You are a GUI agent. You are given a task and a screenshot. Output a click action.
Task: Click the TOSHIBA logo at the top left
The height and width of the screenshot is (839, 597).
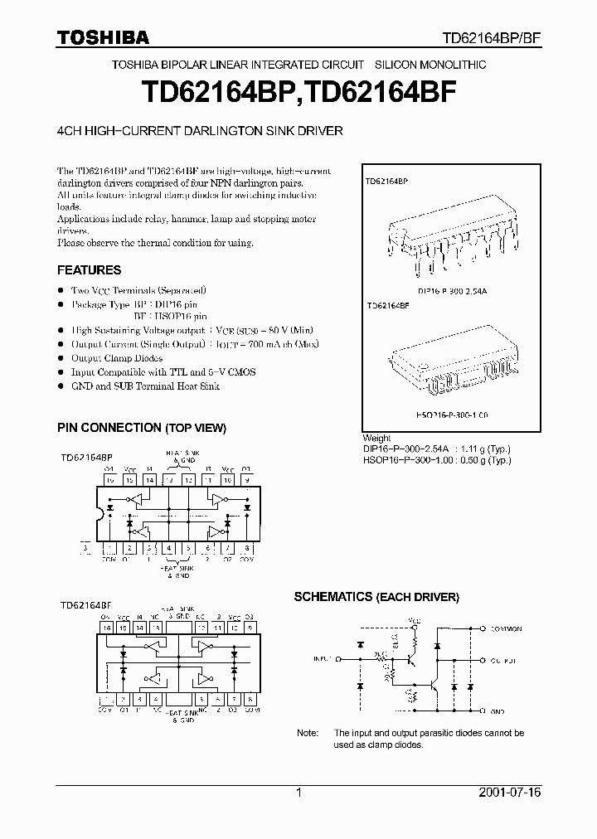coord(103,37)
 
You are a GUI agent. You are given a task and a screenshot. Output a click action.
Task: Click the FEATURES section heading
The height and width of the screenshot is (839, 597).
coord(89,270)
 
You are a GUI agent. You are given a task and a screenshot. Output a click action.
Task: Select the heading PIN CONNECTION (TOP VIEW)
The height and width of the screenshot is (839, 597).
coord(141,428)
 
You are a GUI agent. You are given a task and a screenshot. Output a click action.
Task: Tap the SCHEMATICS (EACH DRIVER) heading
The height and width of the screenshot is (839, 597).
coord(376,597)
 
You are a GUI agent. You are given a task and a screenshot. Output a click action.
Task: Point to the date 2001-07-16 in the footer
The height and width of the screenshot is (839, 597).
coord(510,793)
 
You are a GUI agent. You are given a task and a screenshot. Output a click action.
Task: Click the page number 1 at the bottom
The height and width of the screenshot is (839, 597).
coord(298,793)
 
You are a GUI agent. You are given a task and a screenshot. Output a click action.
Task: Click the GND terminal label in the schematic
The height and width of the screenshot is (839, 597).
coord(498,711)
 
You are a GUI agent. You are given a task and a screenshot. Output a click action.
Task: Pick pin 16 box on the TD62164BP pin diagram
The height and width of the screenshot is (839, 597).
coord(109,480)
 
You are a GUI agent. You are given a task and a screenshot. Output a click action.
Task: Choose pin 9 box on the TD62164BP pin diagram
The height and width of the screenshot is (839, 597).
coord(248,480)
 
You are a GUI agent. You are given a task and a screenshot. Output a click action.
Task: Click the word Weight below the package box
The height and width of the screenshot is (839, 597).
coord(376,439)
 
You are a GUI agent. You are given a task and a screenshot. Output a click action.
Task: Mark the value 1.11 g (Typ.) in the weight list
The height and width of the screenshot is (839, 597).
coord(487,449)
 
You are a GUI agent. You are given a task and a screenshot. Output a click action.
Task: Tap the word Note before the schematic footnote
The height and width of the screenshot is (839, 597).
coord(308,733)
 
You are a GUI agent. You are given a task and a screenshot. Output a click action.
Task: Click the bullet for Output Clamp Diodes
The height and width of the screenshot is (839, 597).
coord(61,358)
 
